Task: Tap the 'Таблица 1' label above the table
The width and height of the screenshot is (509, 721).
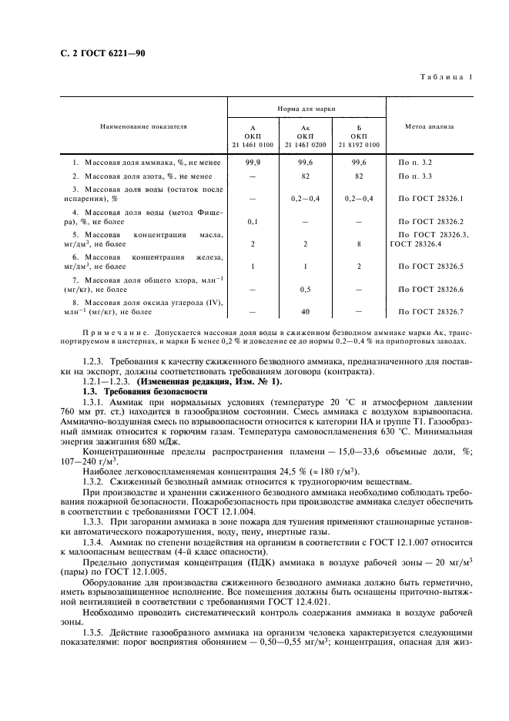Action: point(445,76)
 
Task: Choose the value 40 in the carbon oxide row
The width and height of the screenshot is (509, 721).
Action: point(305,311)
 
